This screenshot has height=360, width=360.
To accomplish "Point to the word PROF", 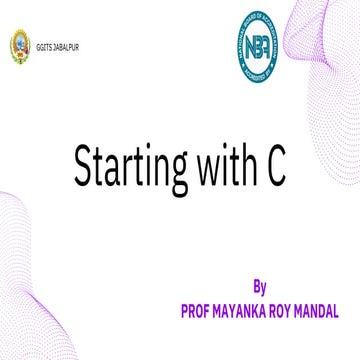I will pyautogui.click(x=195, y=311).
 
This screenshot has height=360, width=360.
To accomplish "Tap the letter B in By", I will pyautogui.click(x=257, y=289).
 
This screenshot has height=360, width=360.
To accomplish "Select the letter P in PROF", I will pyautogui.click(x=184, y=311).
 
